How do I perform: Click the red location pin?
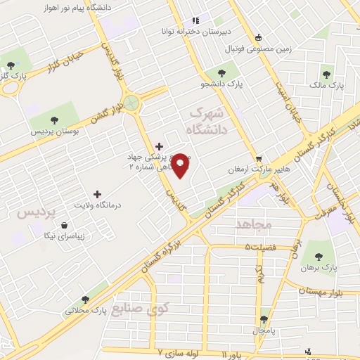coord(181,166)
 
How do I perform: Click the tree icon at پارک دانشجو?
coord(221,72)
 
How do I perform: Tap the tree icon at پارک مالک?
coord(327,72)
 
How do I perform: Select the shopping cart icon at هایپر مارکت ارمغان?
coord(259,159)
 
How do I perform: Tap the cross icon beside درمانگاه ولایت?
coord(97,193)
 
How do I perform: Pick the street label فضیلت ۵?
coord(260,247)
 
